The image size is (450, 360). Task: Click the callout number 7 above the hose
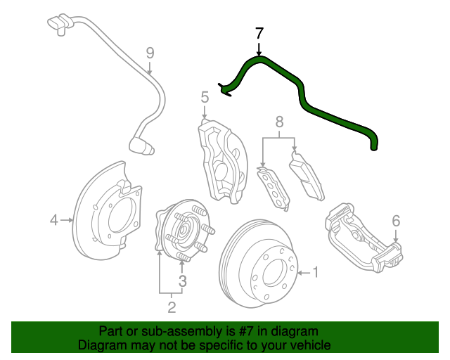pyautogui.click(x=259, y=33)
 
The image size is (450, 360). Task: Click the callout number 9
pyautogui.click(x=150, y=52)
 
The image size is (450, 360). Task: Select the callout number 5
pyautogui.click(x=205, y=96)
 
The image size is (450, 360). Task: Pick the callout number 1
pyautogui.click(x=316, y=271)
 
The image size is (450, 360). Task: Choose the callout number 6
pyautogui.click(x=396, y=221)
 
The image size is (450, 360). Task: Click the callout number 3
pyautogui.click(x=182, y=281)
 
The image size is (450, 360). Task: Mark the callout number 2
pyautogui.click(x=171, y=307)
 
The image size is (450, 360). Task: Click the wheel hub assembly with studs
pyautogui.click(x=181, y=232)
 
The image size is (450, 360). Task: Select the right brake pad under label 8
pyautogui.click(x=307, y=176)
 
